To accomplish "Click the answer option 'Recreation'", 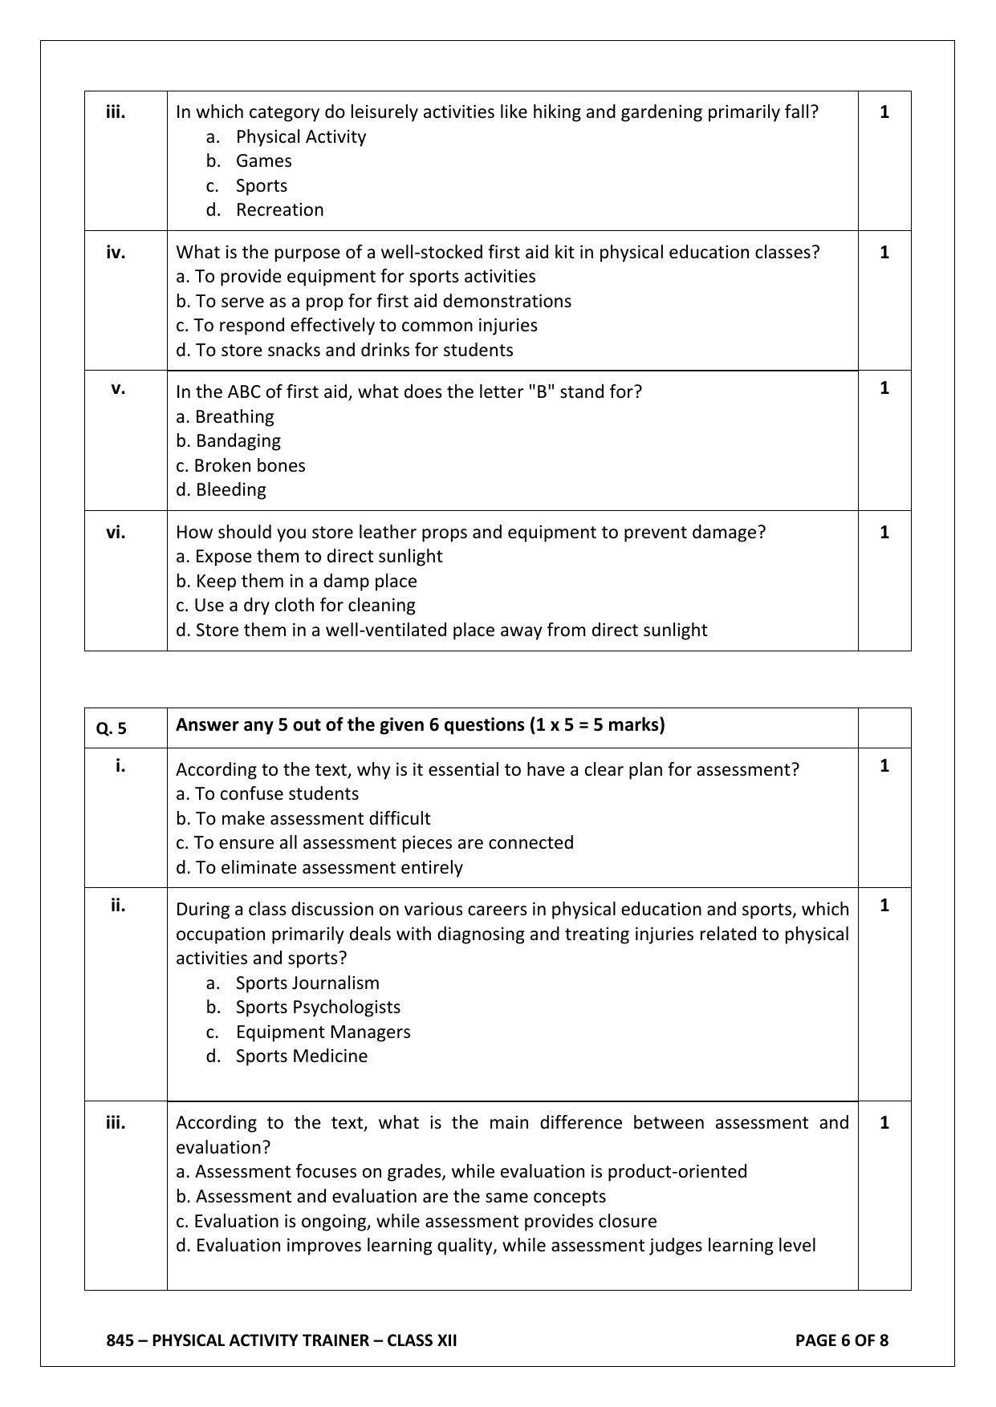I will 279,209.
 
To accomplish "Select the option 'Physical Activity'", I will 300,136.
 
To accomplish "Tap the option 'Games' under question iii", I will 263,160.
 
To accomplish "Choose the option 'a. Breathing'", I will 225,416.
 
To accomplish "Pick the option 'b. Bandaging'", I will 228,440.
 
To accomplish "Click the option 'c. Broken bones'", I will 240,465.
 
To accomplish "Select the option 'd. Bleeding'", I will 221,489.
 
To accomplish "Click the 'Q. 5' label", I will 112,728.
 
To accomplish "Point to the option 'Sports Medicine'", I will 301,1056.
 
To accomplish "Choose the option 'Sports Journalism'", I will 307,983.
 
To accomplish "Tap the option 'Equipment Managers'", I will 323,1032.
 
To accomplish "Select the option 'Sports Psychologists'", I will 318,1007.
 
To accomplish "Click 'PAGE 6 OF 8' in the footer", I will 842,1340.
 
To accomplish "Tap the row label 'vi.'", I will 116,532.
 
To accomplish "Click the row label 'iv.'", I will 116,253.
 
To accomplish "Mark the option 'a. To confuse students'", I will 267,793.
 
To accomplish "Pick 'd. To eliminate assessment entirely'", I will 319,867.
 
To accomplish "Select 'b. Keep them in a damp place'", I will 296,581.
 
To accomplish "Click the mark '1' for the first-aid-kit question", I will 884,253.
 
